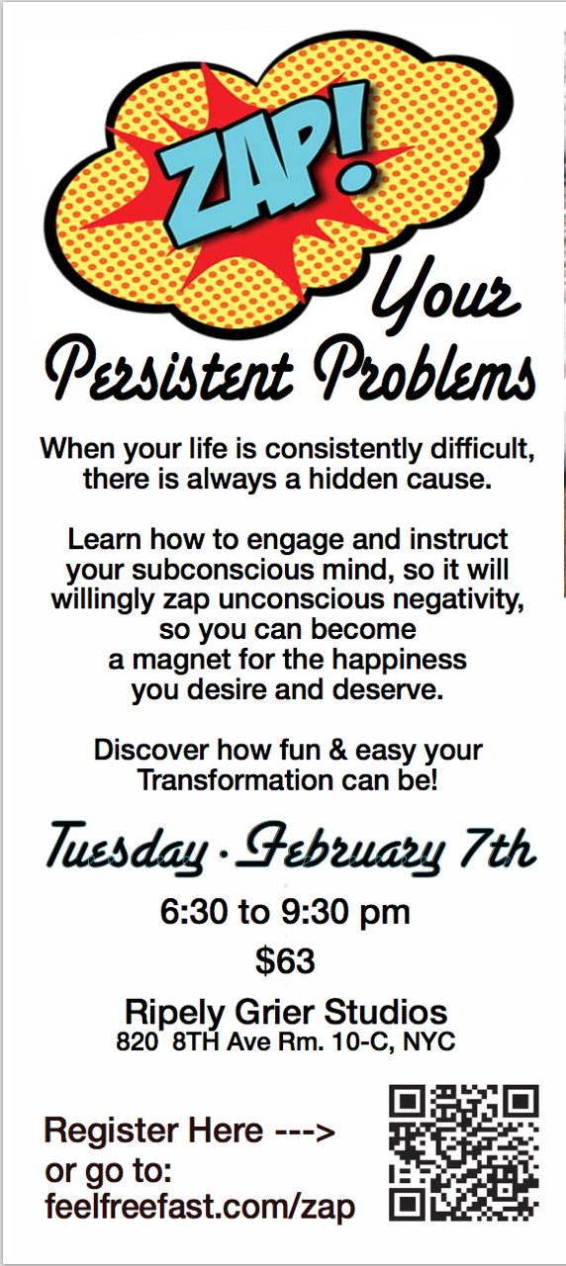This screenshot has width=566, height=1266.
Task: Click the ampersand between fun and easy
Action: (337, 750)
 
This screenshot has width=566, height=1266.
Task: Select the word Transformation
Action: (236, 780)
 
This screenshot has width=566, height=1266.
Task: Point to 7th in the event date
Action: (498, 848)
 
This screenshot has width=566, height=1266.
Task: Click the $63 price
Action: (285, 960)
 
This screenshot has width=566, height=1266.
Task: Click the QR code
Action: (464, 1153)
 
